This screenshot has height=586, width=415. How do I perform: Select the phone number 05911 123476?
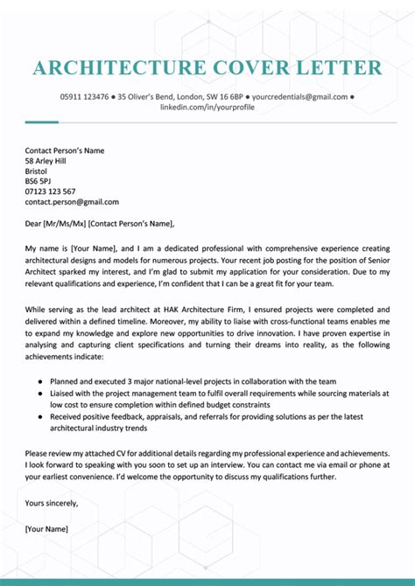(84, 96)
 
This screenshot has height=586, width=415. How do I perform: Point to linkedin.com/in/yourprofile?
(207, 107)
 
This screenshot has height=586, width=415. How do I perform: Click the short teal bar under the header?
(41, 122)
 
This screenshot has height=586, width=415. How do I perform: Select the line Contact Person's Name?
(65, 150)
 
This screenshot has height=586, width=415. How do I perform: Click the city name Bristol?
(37, 171)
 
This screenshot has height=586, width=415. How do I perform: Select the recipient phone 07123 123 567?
(51, 192)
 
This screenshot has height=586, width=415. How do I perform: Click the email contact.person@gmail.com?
(72, 202)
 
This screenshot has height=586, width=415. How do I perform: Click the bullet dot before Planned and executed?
(42, 382)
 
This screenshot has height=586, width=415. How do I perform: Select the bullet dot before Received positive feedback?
(42, 417)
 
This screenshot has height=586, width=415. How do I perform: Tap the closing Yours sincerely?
(52, 503)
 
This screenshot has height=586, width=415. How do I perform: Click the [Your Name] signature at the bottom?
(47, 528)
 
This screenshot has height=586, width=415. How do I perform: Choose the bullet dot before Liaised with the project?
(42, 394)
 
